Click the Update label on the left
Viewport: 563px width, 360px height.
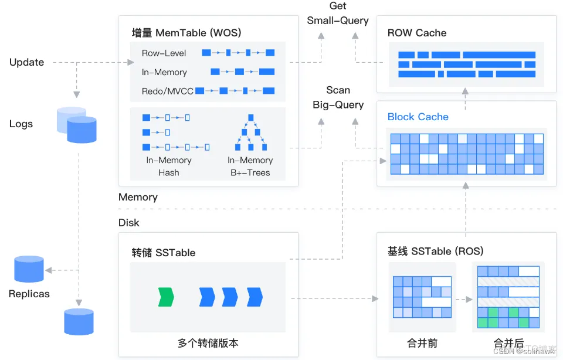26,62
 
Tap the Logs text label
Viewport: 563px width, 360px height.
21,124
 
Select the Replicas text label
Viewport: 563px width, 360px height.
29,294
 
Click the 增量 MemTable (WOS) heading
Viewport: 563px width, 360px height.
186,33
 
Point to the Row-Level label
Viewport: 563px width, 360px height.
164,53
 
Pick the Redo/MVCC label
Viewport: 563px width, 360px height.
167,91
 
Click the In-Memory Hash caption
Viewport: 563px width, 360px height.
169,166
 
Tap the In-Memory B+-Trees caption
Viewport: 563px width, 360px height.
250,166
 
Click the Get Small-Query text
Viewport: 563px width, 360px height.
338,13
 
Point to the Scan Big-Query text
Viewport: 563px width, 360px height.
338,97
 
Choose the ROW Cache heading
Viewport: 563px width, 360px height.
417,33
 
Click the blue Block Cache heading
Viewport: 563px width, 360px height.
418,117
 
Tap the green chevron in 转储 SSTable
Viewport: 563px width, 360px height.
167,297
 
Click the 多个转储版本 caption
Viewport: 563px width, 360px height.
208,343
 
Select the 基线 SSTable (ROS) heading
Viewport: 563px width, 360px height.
435,251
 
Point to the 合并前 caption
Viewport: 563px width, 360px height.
422,343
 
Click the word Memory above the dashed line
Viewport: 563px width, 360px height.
138,197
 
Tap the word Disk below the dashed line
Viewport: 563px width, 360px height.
129,223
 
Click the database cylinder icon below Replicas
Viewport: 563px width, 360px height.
79,321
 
